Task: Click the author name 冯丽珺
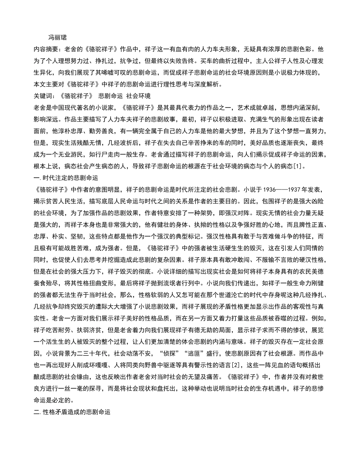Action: [58, 38]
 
